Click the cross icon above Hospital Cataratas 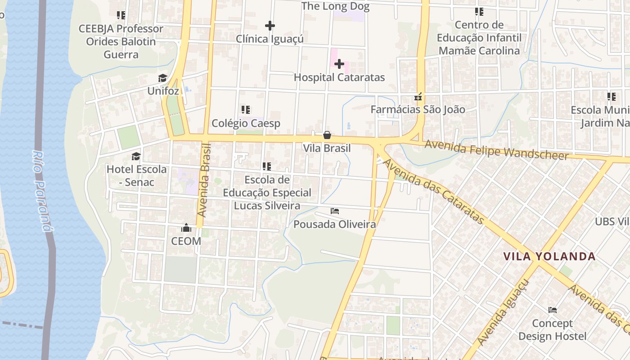click(339, 64)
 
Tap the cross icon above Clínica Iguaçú click(270, 26)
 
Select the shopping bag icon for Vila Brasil click(327, 135)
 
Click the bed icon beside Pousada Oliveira click(334, 211)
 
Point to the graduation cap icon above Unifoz click(162, 78)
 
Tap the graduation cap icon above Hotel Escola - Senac click(136, 157)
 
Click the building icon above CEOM click(186, 228)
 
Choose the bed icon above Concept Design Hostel click(553, 310)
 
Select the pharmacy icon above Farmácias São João click(418, 97)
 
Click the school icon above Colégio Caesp click(246, 110)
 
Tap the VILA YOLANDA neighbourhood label click(549, 256)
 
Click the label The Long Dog click(335, 6)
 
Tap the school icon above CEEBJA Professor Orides click(121, 16)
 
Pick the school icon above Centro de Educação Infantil click(479, 12)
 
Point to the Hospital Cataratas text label click(339, 77)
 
